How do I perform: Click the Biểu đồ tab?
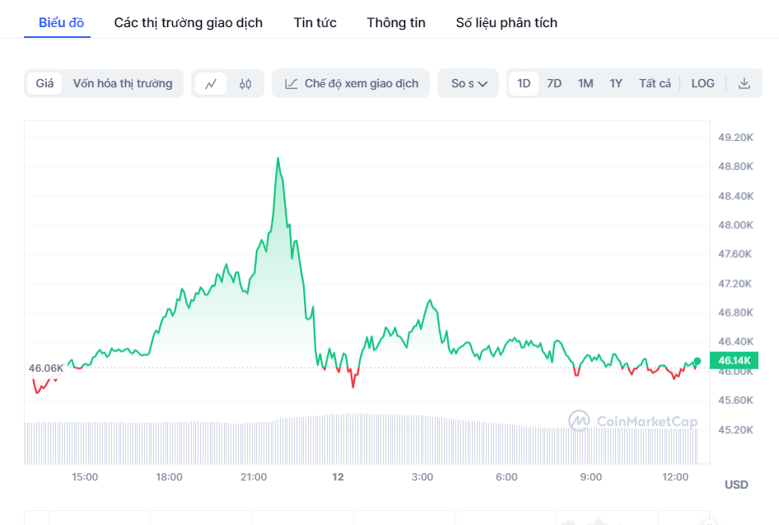click(61, 22)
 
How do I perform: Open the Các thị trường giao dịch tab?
click(189, 22)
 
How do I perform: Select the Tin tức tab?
click(315, 22)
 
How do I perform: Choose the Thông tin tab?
click(396, 22)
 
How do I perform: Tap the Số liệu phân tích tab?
click(506, 22)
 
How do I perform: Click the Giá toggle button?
click(44, 83)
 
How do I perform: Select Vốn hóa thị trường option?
click(123, 83)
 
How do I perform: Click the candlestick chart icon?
click(245, 83)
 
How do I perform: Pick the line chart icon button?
click(211, 83)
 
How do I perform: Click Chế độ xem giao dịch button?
click(351, 83)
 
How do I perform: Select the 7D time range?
click(554, 83)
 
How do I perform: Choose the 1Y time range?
click(616, 83)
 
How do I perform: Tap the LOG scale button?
click(702, 83)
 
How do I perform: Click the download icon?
click(744, 83)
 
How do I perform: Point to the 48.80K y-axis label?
click(735, 166)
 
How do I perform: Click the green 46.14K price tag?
click(735, 361)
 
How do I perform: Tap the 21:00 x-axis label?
click(254, 477)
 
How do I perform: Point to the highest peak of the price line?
click(278, 157)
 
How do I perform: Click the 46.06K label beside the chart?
click(46, 368)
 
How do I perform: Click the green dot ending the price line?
click(697, 361)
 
